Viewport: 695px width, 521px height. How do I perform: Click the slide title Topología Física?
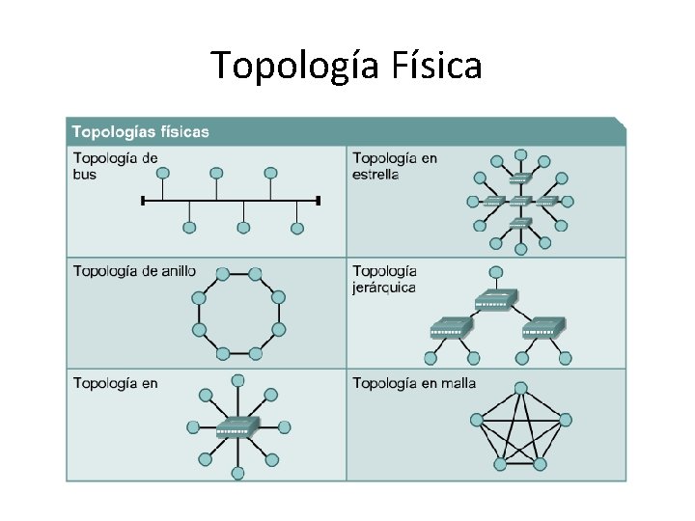[x=347, y=66]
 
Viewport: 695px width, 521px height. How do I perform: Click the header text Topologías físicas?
[x=141, y=131]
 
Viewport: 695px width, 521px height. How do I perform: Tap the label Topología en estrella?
[x=395, y=166]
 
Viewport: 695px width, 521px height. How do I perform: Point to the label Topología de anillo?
[x=134, y=271]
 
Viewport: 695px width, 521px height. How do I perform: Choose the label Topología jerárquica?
[x=384, y=279]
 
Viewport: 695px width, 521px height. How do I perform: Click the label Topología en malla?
[x=414, y=383]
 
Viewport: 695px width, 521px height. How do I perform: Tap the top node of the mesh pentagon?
[x=521, y=388]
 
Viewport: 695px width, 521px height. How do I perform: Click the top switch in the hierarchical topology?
[x=496, y=300]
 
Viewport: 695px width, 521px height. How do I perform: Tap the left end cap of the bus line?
[x=143, y=201]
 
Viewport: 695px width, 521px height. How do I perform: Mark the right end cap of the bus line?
[x=319, y=201]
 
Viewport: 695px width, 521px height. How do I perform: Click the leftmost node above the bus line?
[x=163, y=173]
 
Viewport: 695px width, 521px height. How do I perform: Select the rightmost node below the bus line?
[x=297, y=229]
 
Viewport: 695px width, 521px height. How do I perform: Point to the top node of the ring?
[x=223, y=275]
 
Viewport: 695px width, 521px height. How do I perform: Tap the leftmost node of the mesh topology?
[x=476, y=420]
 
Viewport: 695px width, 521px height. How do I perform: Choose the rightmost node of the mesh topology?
[x=566, y=420]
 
